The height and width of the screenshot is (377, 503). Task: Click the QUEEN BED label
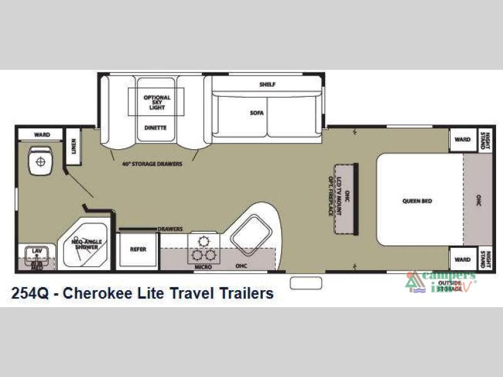point(417,201)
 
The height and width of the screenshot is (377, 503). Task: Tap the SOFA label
point(257,113)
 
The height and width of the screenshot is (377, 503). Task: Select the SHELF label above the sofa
point(267,84)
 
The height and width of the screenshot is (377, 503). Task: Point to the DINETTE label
point(155,127)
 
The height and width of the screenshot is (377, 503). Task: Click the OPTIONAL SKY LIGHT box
point(157,103)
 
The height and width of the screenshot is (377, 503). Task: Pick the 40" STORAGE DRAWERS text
point(152,164)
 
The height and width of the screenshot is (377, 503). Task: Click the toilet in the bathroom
point(41,161)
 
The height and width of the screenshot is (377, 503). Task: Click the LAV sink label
point(37,252)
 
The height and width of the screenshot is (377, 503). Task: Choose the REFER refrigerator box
point(138,249)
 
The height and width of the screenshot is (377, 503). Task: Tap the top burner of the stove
point(203,239)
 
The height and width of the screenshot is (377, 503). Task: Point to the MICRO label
point(203,267)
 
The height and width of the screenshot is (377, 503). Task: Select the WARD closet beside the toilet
point(39,134)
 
